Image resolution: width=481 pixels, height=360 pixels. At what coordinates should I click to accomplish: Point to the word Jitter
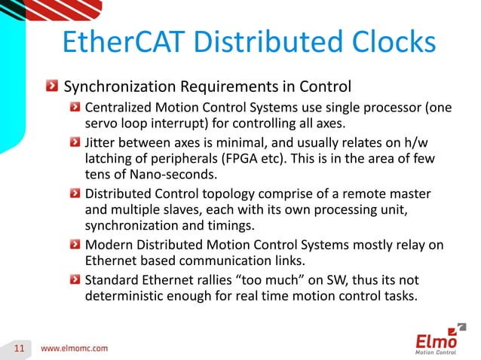[x=102, y=141]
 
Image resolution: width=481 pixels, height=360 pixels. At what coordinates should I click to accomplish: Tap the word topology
[x=238, y=192]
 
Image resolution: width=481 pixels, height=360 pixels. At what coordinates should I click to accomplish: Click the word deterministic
[x=124, y=295]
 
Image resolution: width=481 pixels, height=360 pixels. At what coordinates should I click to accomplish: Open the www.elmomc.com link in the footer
[x=74, y=348]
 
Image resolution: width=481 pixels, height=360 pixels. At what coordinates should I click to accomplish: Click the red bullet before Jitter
[x=76, y=141]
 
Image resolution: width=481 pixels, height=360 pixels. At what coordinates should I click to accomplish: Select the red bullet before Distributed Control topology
[x=76, y=192]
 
